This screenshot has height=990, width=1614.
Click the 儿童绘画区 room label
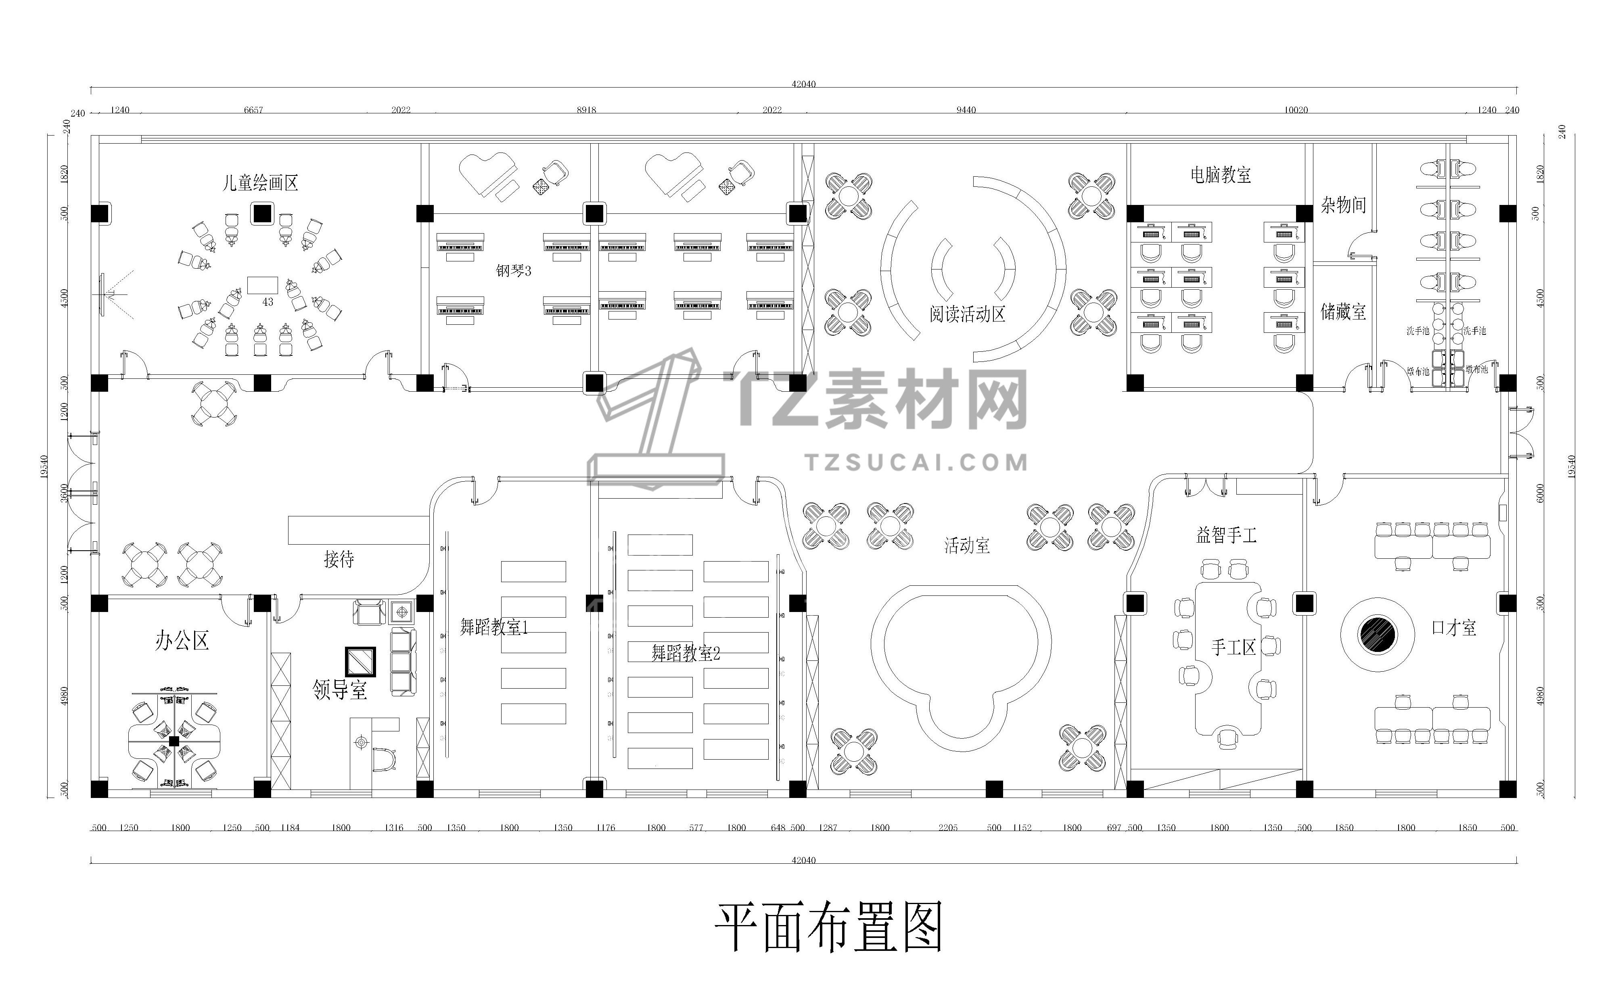click(260, 183)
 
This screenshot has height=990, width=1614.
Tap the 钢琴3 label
click(514, 270)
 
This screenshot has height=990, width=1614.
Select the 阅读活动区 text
click(967, 314)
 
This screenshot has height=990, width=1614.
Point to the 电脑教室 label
click(1220, 175)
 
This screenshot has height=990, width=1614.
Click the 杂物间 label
click(1343, 205)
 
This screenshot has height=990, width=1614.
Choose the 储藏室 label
click(1343, 312)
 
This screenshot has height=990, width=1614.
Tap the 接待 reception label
click(339, 558)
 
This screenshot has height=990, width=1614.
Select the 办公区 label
click(182, 640)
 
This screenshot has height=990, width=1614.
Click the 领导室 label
click(339, 689)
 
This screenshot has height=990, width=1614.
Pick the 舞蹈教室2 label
click(685, 653)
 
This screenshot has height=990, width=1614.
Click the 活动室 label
click(967, 545)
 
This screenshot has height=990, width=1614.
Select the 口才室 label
click(1453, 628)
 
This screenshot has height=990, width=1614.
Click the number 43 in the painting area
click(267, 302)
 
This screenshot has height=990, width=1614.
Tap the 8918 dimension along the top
click(586, 110)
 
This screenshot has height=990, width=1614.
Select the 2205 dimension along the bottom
click(947, 827)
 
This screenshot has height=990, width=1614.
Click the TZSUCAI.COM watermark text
click(916, 463)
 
